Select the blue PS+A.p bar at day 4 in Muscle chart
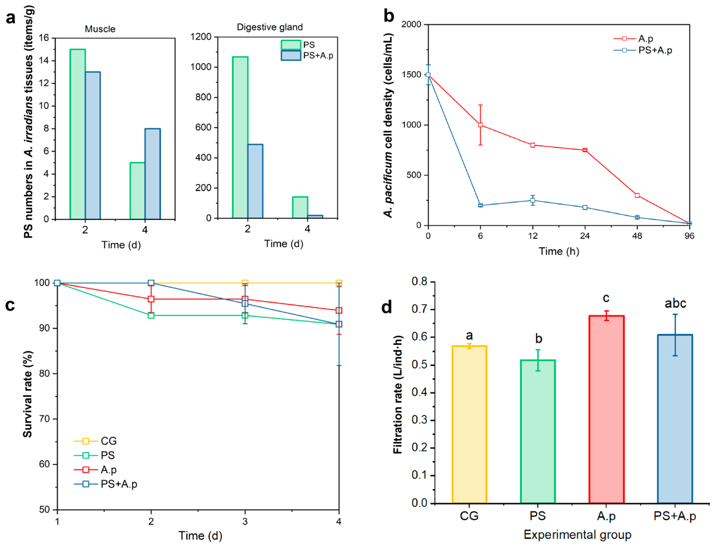[153, 174]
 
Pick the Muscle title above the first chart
[100, 29]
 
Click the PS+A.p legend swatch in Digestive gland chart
[291, 55]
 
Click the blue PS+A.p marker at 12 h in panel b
[533, 200]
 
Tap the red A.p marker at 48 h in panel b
[637, 195]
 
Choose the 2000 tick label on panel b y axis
[411, 24]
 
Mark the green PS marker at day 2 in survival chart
[151, 315]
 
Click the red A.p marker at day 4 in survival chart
[339, 310]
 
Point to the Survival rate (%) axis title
[28, 394]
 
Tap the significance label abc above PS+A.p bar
[675, 303]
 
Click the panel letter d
[386, 307]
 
